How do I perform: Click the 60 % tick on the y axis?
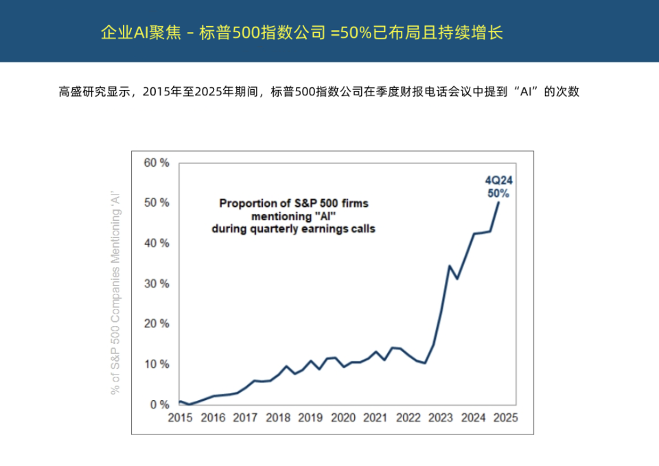coord(156,163)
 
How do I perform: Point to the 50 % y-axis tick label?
coord(156,203)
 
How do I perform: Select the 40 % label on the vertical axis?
coord(156,244)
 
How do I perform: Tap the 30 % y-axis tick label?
coord(156,283)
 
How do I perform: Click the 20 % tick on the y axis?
coord(156,324)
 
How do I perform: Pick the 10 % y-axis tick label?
coord(156,364)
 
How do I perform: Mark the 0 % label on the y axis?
coord(159,405)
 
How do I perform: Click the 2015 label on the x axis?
coord(180,417)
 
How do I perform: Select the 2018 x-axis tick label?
coord(278,417)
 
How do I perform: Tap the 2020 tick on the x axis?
coord(343,417)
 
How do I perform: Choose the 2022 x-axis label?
coord(408,417)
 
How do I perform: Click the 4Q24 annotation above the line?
coord(499,181)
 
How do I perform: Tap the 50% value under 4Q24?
coord(499,194)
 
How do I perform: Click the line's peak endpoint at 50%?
coord(498,202)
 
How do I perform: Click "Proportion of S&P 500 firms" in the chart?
coord(293,203)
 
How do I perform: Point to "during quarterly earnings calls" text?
coord(293,229)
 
